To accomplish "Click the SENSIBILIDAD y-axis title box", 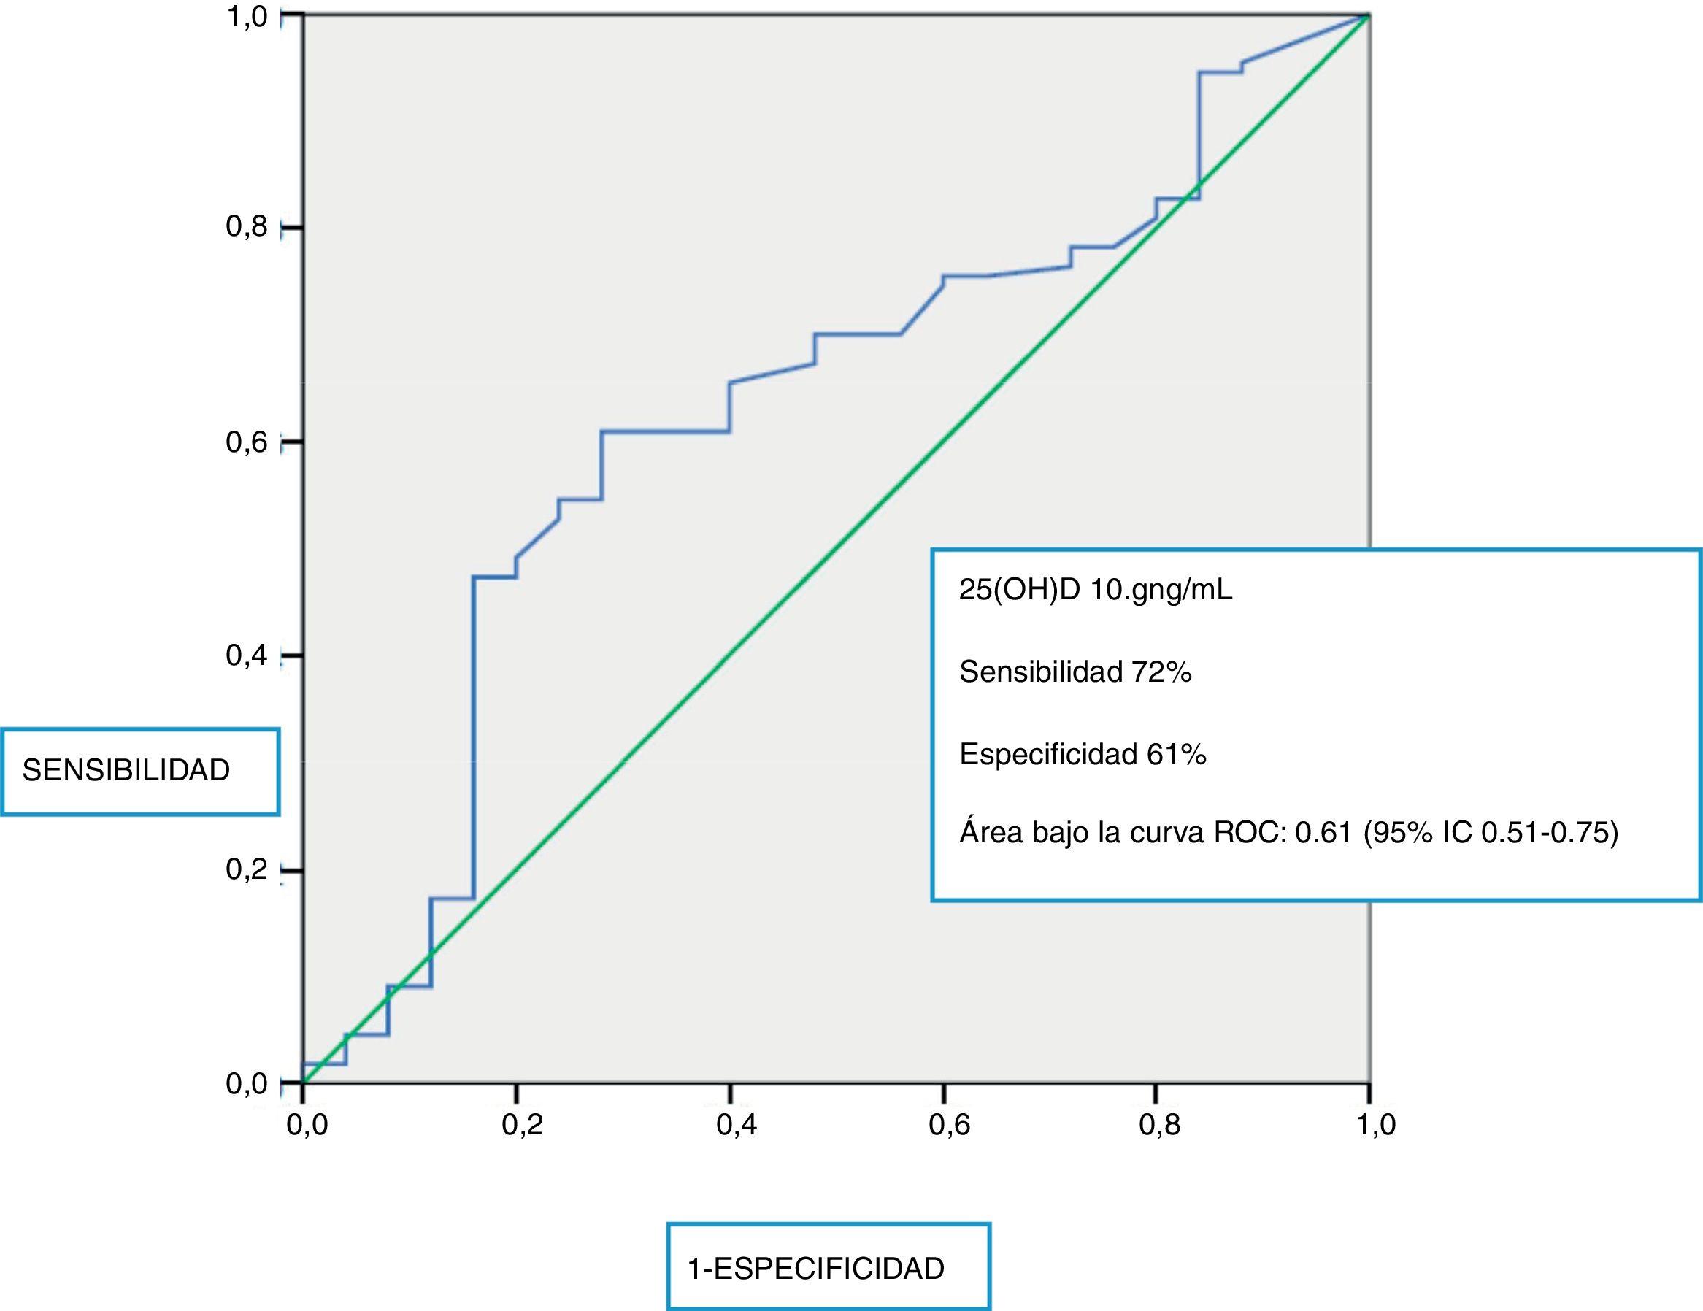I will tap(140, 772).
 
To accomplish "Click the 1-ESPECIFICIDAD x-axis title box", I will tap(828, 1269).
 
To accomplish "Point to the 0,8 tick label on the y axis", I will tap(247, 227).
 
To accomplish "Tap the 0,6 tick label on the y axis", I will tap(247, 442).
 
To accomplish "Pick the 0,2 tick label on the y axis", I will tap(247, 869).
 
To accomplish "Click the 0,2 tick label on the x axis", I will tap(522, 1126).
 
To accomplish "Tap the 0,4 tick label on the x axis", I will tap(735, 1126).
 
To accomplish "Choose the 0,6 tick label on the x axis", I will tap(949, 1126).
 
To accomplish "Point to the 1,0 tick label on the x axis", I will tap(1375, 1126).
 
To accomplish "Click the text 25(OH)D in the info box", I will tap(1019, 591).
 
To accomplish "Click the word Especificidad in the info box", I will tap(1048, 754).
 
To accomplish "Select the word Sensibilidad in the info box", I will tap(1039, 672).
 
